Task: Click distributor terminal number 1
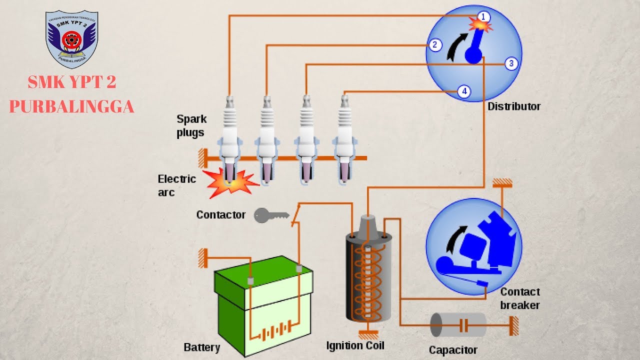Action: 483,16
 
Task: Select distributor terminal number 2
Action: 434,45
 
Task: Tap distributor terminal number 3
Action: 510,63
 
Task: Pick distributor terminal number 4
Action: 464,91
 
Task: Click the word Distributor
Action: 514,106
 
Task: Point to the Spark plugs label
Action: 191,125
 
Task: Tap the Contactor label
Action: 220,215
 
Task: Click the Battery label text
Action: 201,347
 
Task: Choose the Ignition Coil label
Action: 355,345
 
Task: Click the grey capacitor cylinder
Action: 458,325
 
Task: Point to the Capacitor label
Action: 453,350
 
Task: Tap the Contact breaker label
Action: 520,298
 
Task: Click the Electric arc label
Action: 176,185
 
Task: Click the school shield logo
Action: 72,39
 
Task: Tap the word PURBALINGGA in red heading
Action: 71,106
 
